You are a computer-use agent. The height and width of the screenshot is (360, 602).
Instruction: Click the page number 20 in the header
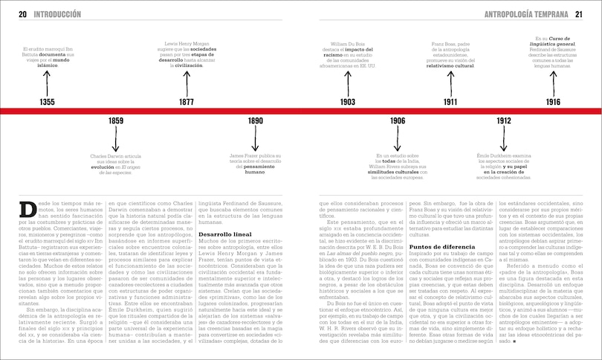pyautogui.click(x=22, y=14)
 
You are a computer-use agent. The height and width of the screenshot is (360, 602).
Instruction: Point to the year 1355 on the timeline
pyautogui.click(x=47, y=102)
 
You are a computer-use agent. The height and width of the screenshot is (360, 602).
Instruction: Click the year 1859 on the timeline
pyautogui.click(x=116, y=120)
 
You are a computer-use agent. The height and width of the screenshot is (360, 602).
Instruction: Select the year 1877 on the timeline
pyautogui.click(x=187, y=102)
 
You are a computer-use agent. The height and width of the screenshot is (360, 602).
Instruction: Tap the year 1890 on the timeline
pyautogui.click(x=255, y=120)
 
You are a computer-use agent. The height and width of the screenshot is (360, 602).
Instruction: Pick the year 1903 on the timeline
pyautogui.click(x=347, y=102)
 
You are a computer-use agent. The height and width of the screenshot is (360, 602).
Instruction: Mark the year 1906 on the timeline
pyautogui.click(x=397, y=120)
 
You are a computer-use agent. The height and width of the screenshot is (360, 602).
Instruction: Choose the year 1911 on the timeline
pyautogui.click(x=450, y=102)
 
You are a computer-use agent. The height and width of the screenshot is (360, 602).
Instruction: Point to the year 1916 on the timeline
pyautogui.click(x=552, y=102)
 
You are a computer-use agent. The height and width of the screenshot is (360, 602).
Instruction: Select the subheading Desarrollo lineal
pyautogui.click(x=222, y=234)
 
